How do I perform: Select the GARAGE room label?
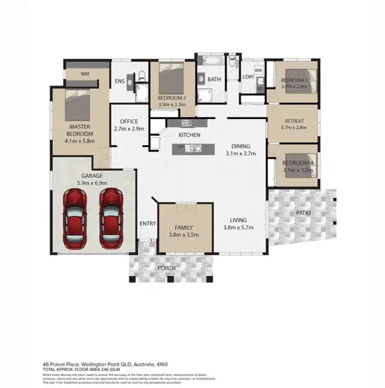pyautogui.click(x=93, y=175)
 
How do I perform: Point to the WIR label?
pyautogui.click(x=84, y=73)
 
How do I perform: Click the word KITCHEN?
pyautogui.click(x=189, y=134)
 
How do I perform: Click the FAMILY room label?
pyautogui.click(x=184, y=228)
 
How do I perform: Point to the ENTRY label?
pyautogui.click(x=148, y=223)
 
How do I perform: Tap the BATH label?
pyautogui.click(x=214, y=80)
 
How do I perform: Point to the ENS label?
pyautogui.click(x=120, y=81)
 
